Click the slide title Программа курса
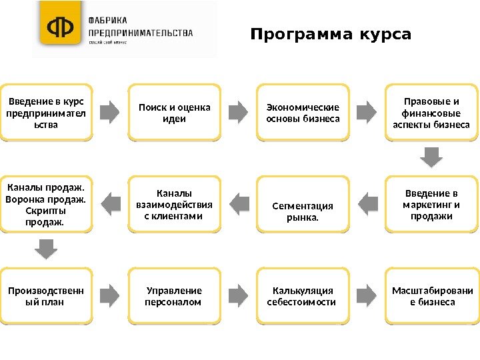(x=331, y=34)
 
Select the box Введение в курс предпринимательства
(x=45, y=113)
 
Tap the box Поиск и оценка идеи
(x=174, y=113)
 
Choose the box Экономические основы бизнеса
(x=303, y=113)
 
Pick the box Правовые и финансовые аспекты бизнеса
(x=432, y=113)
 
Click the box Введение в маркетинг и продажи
(x=432, y=205)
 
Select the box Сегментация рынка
(x=303, y=205)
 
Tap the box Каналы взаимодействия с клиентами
(x=174, y=205)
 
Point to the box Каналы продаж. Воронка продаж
(x=45, y=205)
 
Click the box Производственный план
(x=45, y=297)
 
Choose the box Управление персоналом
(x=174, y=297)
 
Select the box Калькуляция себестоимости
(x=303, y=297)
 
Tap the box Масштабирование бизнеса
(x=432, y=297)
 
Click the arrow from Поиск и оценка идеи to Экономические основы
(x=238, y=110)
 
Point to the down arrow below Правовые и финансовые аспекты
(x=432, y=157)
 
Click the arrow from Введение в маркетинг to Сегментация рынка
(x=367, y=198)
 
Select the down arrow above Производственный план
(x=45, y=249)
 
